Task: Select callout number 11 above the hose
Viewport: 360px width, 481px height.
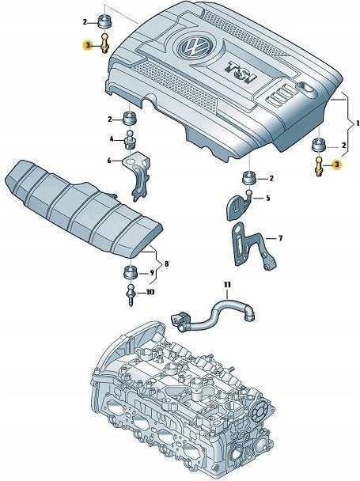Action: tap(227, 285)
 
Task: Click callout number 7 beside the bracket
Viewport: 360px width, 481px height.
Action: tap(280, 238)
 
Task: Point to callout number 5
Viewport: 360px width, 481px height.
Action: tap(268, 198)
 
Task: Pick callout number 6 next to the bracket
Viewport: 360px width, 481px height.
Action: tap(110, 160)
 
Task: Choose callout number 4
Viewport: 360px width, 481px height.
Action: tap(112, 139)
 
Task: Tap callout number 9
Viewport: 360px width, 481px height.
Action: tap(152, 273)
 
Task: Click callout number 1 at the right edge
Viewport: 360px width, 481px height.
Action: tap(358, 123)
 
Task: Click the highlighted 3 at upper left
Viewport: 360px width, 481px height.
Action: tap(88, 46)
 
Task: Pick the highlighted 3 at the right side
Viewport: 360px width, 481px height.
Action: tap(337, 165)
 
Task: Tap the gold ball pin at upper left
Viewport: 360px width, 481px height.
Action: tap(104, 44)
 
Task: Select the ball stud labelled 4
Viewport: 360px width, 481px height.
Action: tap(130, 140)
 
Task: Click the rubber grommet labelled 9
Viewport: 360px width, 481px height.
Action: tap(131, 273)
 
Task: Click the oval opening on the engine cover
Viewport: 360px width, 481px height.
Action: tap(308, 90)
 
